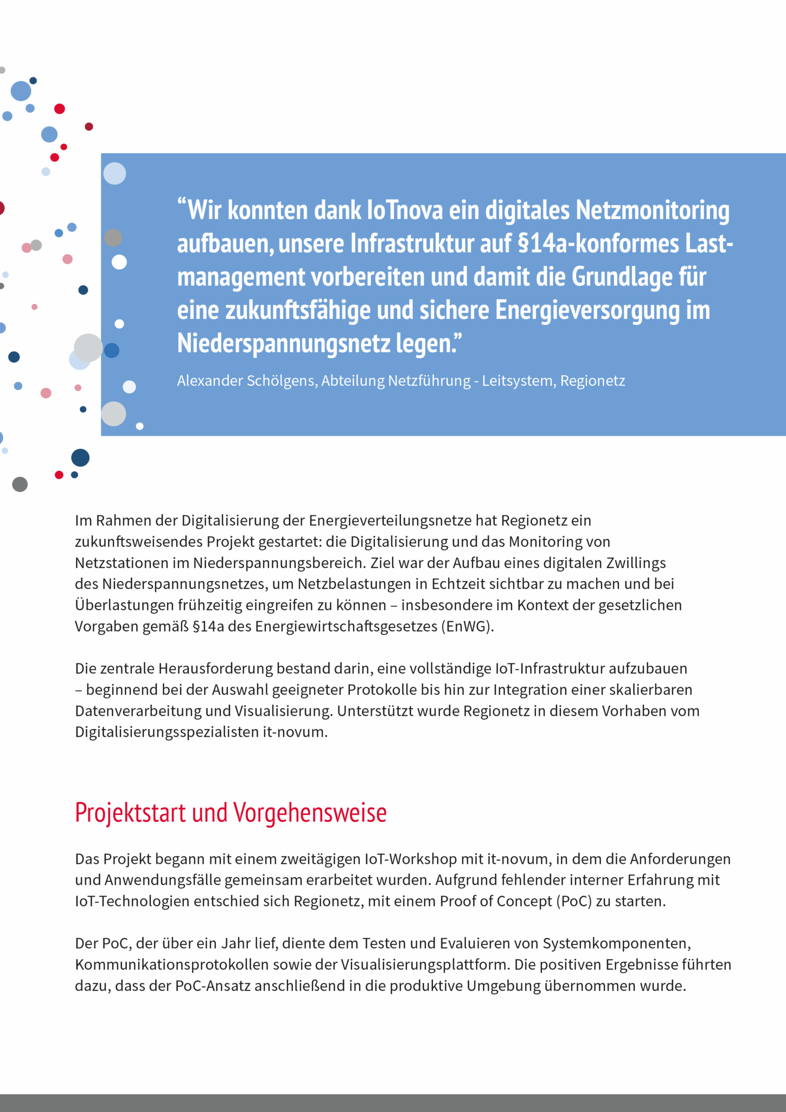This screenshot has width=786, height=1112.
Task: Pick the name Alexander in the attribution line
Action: pyautogui.click(x=209, y=381)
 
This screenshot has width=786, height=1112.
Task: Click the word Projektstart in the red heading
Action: pyautogui.click(x=130, y=813)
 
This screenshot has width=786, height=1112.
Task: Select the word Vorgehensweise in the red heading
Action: pyautogui.click(x=310, y=813)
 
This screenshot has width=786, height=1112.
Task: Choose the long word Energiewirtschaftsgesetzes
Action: pyautogui.click(x=347, y=627)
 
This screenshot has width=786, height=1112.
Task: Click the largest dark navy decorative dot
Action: pyautogui.click(x=80, y=458)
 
